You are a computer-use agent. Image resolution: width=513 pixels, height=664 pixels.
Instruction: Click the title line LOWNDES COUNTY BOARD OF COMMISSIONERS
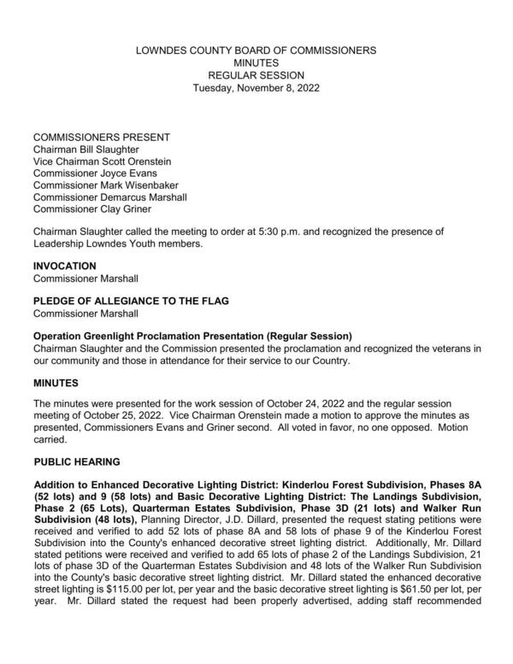click(x=256, y=51)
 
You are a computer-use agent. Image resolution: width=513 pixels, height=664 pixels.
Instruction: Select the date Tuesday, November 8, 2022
click(x=256, y=87)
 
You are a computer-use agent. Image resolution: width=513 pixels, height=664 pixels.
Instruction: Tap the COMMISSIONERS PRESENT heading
click(x=101, y=137)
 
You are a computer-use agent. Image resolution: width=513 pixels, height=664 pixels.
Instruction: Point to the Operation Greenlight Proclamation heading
click(x=192, y=335)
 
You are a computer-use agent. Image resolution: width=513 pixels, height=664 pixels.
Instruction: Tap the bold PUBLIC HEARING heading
click(x=76, y=462)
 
